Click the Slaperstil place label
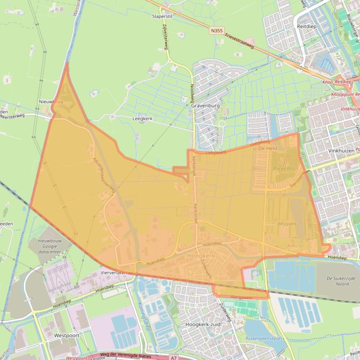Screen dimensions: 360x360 162,15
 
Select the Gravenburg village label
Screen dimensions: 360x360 206,106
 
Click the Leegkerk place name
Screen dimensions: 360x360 142,119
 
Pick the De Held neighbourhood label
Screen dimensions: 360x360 268,148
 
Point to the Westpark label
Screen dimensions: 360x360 287,224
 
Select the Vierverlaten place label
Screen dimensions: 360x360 114,272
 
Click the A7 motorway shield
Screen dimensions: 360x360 174,357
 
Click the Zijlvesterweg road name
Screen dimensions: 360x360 165,36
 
